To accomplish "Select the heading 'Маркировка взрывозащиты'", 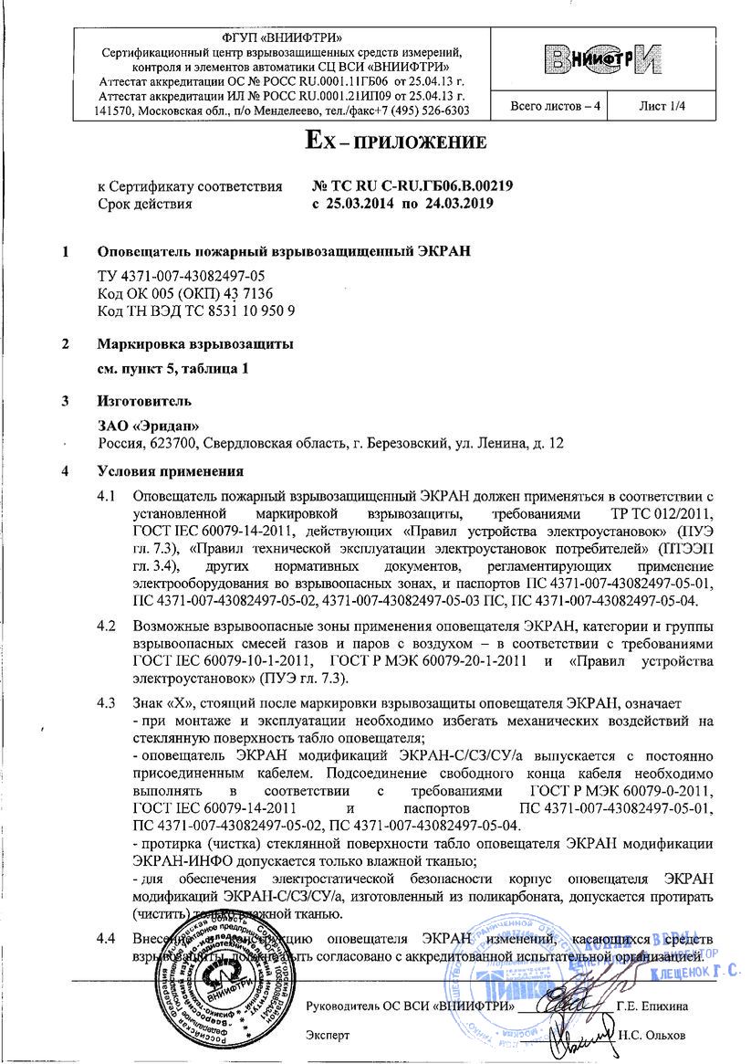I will [195, 346].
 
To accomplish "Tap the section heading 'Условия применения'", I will [170, 472].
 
